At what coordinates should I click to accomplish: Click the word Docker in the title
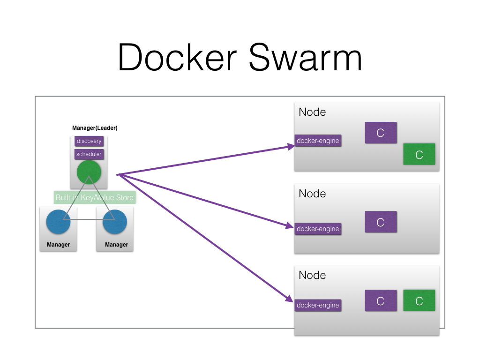click(x=178, y=58)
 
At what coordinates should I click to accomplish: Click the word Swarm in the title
click(x=305, y=58)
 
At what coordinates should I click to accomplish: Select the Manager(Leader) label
click(x=95, y=128)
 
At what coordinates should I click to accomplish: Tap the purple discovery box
click(x=89, y=141)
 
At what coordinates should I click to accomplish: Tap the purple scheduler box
click(x=89, y=154)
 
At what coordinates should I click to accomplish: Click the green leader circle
click(x=89, y=172)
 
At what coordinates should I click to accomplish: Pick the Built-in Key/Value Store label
click(x=94, y=197)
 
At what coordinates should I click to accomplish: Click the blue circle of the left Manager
click(x=59, y=222)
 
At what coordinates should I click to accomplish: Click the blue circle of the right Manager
click(x=115, y=222)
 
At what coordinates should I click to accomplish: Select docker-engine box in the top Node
click(x=318, y=141)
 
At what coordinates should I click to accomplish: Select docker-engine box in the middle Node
click(x=318, y=229)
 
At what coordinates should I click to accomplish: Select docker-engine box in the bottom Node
click(x=318, y=305)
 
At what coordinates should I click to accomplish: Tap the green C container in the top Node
click(x=419, y=155)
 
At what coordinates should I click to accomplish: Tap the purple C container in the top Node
click(x=381, y=133)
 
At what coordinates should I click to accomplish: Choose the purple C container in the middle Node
click(x=381, y=222)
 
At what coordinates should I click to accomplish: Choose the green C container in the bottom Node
click(x=419, y=300)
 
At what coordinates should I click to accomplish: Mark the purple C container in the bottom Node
click(x=381, y=300)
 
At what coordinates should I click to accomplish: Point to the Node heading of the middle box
click(x=312, y=194)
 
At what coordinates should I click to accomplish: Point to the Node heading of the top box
click(x=312, y=112)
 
